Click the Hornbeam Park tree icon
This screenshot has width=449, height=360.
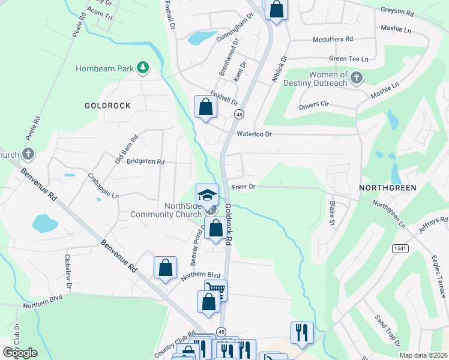click(x=142, y=68)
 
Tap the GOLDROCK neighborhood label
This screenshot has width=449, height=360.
click(x=107, y=106)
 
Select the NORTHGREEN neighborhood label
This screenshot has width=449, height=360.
click(x=388, y=188)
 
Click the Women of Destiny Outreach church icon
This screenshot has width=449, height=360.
click(x=357, y=77)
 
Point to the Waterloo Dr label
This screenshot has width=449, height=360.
click(x=255, y=134)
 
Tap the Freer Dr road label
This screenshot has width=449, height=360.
click(x=244, y=187)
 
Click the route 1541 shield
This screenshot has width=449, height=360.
click(x=400, y=248)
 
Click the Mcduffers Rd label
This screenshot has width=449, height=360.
click(x=333, y=40)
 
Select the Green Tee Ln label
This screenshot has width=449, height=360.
click(x=348, y=59)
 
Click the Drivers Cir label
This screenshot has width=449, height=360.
click(x=314, y=106)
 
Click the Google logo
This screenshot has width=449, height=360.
click(x=20, y=353)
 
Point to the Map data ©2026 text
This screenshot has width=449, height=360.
click(x=423, y=355)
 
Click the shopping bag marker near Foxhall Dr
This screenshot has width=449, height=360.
click(x=205, y=108)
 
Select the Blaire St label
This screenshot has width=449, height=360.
click(x=332, y=214)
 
